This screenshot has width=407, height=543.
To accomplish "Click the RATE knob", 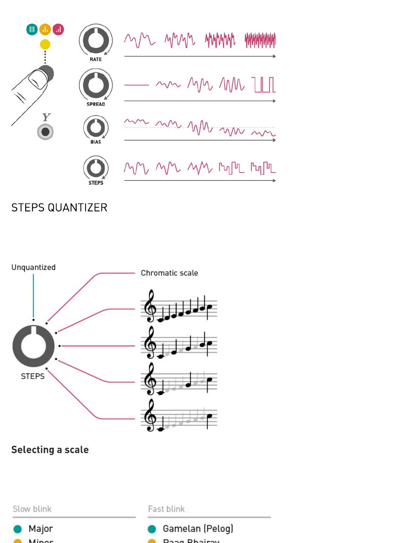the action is [x=96, y=40].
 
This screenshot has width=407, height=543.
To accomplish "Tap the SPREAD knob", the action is [x=96, y=85].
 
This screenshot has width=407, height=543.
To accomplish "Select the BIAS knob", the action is [x=96, y=127].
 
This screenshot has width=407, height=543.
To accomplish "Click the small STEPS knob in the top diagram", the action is [x=96, y=168].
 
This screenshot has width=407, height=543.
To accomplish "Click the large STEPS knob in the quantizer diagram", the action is [x=34, y=346].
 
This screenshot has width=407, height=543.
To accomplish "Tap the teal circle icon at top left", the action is [x=32, y=29].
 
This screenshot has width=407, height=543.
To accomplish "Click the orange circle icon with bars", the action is [x=45, y=29].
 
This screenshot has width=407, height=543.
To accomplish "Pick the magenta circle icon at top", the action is [x=58, y=29].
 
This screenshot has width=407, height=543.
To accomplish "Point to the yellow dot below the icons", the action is [x=45, y=44].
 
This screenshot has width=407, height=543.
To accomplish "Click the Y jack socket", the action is [x=45, y=132].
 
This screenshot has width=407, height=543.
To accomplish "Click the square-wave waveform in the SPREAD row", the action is [x=264, y=85].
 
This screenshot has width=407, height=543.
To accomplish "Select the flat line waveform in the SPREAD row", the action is [x=136, y=85].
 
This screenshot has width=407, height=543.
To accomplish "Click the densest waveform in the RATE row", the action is [x=260, y=40].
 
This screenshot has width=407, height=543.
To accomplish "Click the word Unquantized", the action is [x=34, y=267].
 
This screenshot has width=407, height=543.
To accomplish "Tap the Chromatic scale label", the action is [x=169, y=273].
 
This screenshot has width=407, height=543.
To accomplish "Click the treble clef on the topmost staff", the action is [x=150, y=306].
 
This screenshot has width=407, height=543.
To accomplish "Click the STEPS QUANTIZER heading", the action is [x=59, y=208].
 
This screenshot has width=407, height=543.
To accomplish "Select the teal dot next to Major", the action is [x=18, y=529].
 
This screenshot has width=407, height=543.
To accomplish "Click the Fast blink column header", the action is [x=166, y=509].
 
